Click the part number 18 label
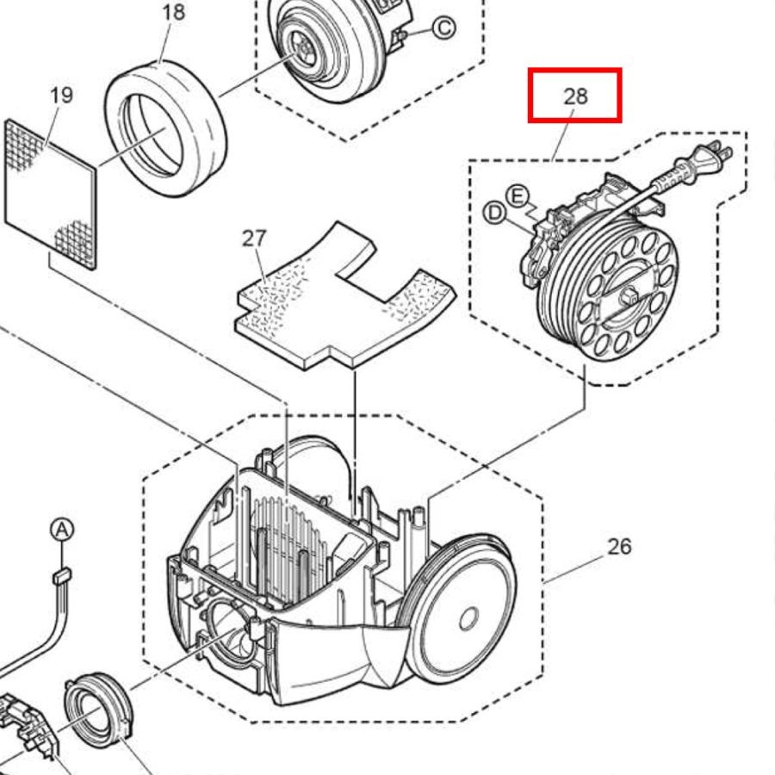[173, 12]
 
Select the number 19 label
[62, 95]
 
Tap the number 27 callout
[255, 239]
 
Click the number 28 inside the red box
[576, 96]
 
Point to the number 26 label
[619, 547]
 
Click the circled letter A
[62, 530]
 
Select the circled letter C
[443, 28]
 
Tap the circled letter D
[494, 213]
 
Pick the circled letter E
[517, 196]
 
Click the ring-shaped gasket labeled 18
[165, 128]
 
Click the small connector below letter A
[62, 575]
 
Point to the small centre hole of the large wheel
[468, 619]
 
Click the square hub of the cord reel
[629, 295]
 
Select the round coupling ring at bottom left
[98, 712]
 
